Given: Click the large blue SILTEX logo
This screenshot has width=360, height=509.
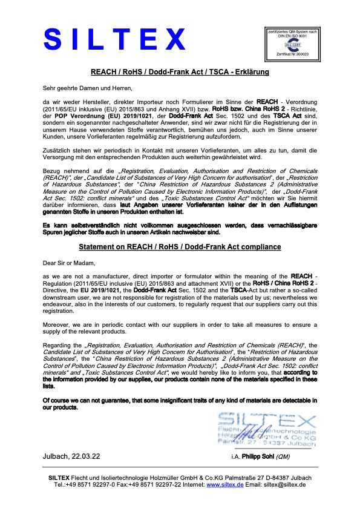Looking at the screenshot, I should click(x=114, y=41).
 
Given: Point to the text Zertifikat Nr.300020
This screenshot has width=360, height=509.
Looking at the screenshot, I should click(x=292, y=54).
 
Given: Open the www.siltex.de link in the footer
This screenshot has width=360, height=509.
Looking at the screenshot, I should click(x=221, y=485).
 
